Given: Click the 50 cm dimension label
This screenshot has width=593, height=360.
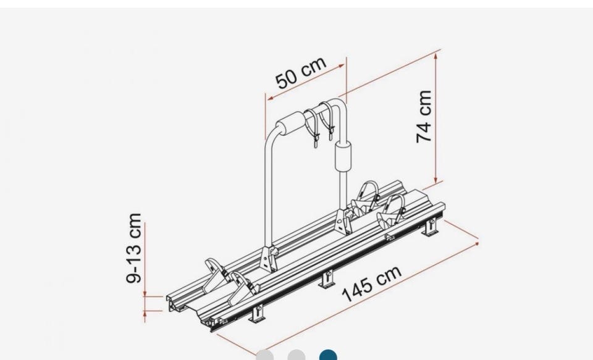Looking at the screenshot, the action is point(301,73).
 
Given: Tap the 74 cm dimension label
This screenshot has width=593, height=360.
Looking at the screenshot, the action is point(424,117).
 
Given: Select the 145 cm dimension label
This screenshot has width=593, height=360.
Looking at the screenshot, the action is point(371,283).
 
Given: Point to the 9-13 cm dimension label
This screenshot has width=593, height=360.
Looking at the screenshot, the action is point(134,248).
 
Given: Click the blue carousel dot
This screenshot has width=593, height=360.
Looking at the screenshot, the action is point(328,356).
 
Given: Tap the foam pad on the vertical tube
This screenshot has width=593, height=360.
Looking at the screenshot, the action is point(343,156).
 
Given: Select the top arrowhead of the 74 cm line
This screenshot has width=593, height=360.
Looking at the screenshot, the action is point(435,56).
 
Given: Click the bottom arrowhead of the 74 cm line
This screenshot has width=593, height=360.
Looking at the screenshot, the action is point(436,180).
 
